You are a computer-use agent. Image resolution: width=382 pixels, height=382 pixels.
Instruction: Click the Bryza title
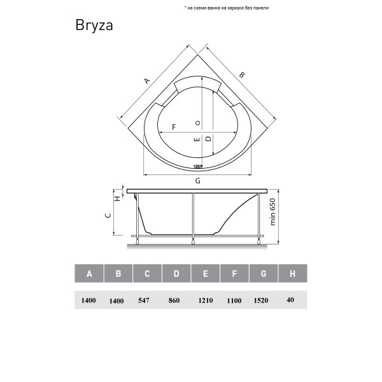(94, 25)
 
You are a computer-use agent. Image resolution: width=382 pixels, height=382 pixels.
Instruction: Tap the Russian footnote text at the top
(227, 8)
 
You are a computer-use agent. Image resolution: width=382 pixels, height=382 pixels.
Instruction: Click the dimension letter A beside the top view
(146, 81)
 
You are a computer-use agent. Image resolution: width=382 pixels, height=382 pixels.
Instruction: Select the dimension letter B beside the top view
(241, 74)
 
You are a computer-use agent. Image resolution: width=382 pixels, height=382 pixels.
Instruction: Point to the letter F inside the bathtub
(174, 127)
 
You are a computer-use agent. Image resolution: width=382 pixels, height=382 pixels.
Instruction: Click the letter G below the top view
(198, 181)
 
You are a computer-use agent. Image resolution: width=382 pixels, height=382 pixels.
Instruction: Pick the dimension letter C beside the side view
(108, 215)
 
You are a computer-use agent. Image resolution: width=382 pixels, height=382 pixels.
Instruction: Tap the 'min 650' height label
(273, 212)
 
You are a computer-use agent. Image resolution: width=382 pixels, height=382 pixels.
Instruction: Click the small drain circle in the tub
(198, 123)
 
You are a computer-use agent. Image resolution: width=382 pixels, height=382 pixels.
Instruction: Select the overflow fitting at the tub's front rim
(198, 167)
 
